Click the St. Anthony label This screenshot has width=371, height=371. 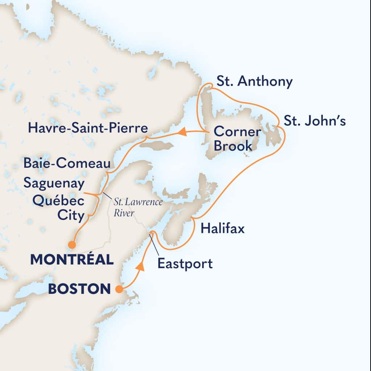(x=254, y=82)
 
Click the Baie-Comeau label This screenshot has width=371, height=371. (x=67, y=163)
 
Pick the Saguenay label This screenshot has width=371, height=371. (x=54, y=183)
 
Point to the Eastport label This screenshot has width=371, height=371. (x=185, y=263)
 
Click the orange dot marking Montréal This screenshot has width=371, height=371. (x=72, y=245)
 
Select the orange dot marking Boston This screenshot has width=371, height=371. (x=118, y=289)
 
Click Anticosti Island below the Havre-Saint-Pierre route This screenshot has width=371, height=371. (x=157, y=146)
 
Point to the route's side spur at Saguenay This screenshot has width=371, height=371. (x=91, y=195)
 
